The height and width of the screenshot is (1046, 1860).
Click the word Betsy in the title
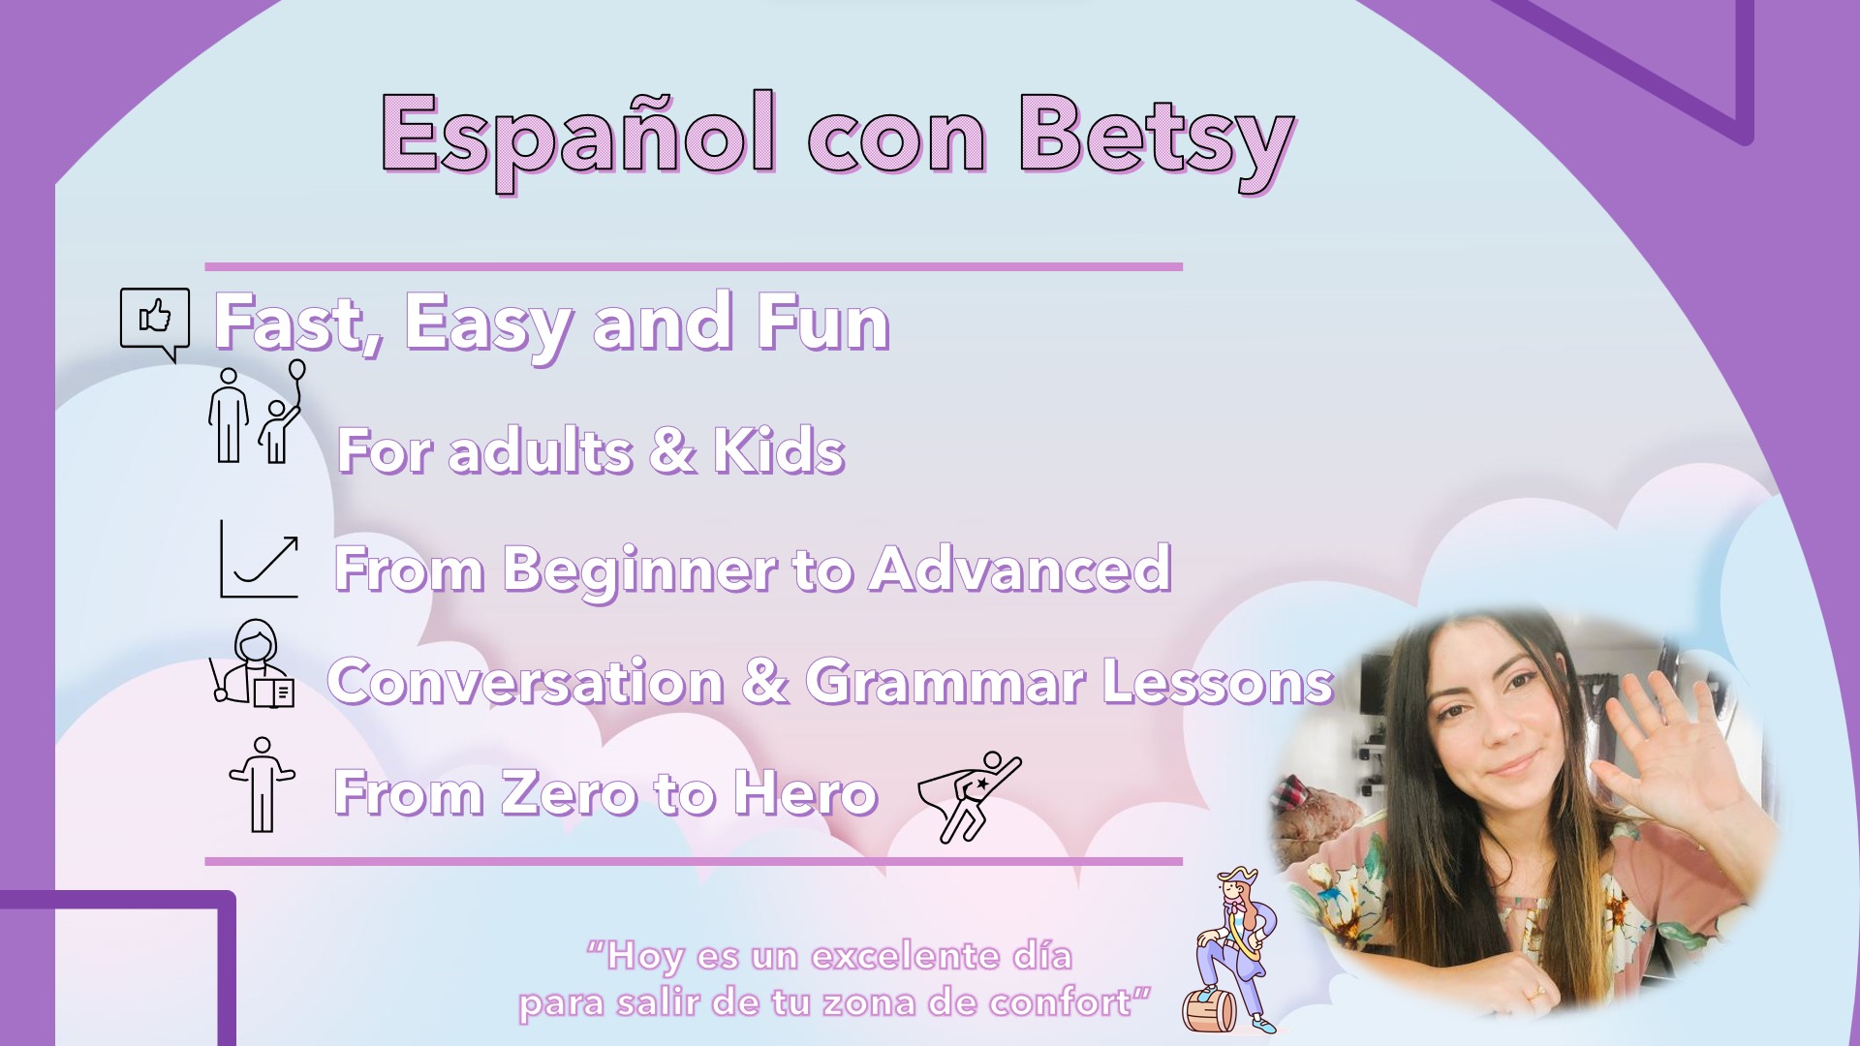coord(1157,141)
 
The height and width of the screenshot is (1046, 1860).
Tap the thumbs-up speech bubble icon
coord(155,323)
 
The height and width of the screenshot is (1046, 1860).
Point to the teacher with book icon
coord(252,664)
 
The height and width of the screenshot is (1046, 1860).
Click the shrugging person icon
coord(262,784)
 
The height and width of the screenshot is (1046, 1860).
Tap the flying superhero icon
coord(969,796)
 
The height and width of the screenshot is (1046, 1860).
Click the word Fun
coord(823,323)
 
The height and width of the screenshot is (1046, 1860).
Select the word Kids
coord(780,450)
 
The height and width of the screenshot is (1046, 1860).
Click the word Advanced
coord(1020,569)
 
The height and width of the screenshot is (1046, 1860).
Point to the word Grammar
coord(945,681)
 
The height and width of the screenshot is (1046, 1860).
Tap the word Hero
coord(806,792)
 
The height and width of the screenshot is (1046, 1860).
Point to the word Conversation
coord(526,681)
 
